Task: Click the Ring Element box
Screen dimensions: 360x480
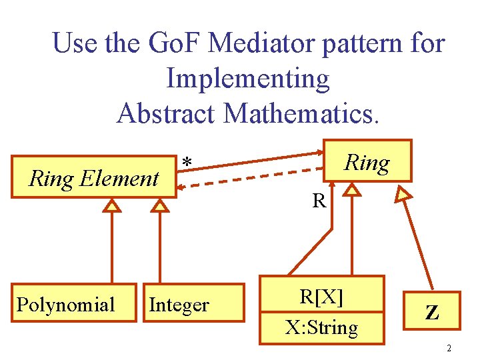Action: (94, 178)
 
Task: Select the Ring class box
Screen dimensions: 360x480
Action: (367, 161)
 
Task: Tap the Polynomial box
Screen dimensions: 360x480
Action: (65, 305)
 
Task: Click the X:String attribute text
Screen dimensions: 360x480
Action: (321, 327)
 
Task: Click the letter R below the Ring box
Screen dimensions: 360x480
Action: (319, 200)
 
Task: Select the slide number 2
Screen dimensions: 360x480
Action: (449, 348)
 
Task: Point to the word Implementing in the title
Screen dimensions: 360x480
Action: (247, 79)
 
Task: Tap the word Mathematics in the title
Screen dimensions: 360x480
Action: (303, 113)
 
